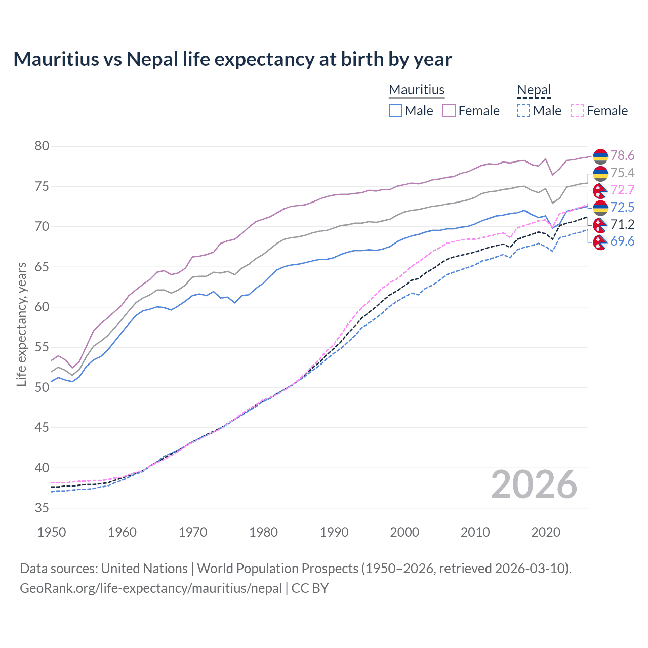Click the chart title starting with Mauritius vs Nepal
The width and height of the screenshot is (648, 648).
[232, 59]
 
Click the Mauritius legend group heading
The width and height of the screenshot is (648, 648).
[416, 90]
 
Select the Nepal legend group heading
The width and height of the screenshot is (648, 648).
[534, 90]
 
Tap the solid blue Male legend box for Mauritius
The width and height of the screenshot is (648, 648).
[395, 111]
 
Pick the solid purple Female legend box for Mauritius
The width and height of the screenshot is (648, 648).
[449, 111]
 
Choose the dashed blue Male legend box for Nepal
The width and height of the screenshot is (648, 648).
[523, 111]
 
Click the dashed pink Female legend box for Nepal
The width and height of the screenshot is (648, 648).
[578, 111]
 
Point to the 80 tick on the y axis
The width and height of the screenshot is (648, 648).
[42, 146]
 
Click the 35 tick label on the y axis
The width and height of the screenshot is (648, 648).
[42, 508]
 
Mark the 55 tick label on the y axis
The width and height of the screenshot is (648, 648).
[42, 347]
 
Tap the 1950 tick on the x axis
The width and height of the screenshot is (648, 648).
[52, 532]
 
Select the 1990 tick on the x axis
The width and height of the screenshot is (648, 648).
[334, 532]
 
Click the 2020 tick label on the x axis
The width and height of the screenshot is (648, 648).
[546, 532]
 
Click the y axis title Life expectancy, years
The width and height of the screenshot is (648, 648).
[21, 324]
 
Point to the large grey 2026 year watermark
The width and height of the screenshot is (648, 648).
[534, 484]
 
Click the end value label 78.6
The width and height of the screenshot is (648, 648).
[622, 155]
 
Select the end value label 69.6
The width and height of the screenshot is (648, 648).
[622, 241]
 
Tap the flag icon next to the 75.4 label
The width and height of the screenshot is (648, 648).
[600, 173]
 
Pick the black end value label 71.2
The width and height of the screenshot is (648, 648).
[622, 224]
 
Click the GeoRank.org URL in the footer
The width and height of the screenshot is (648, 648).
[150, 588]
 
